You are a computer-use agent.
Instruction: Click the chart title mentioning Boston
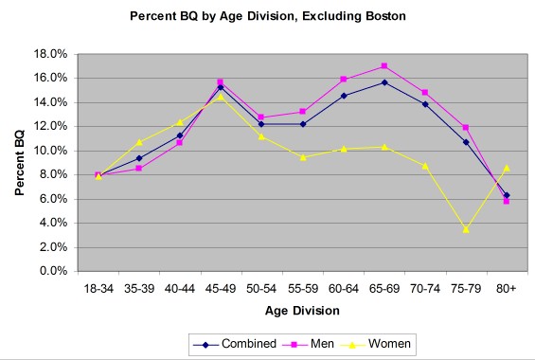(267, 16)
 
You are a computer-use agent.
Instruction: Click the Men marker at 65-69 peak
(383, 66)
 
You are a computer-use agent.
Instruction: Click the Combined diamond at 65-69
(383, 82)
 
